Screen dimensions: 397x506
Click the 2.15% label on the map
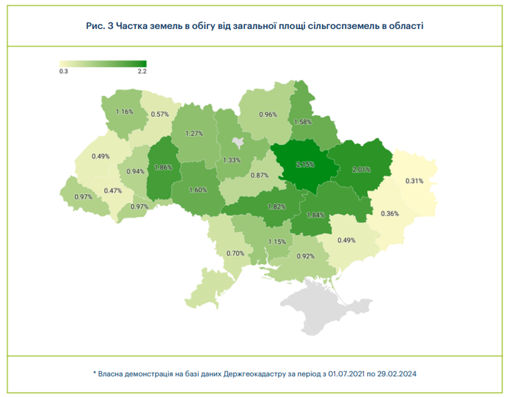point(305,165)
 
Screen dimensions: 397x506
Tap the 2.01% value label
point(361,170)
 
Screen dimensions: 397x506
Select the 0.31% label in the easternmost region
point(414,181)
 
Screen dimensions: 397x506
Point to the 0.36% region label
point(390,214)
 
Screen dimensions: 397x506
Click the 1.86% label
point(163,168)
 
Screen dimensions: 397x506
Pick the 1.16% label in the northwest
point(124,112)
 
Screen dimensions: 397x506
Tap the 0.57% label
point(160,115)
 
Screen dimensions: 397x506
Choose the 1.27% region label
point(194,134)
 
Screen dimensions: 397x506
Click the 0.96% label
point(268,115)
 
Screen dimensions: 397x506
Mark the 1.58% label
point(303,122)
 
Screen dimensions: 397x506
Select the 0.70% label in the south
point(235,254)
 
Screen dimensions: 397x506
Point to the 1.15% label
point(277,242)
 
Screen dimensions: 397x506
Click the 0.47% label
point(113,191)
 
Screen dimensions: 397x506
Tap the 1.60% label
point(198,190)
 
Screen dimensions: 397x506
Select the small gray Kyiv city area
point(238,142)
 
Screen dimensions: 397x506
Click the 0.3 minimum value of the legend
point(63,72)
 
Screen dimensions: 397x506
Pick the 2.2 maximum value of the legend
point(142,72)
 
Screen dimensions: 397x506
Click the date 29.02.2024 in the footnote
point(397,374)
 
